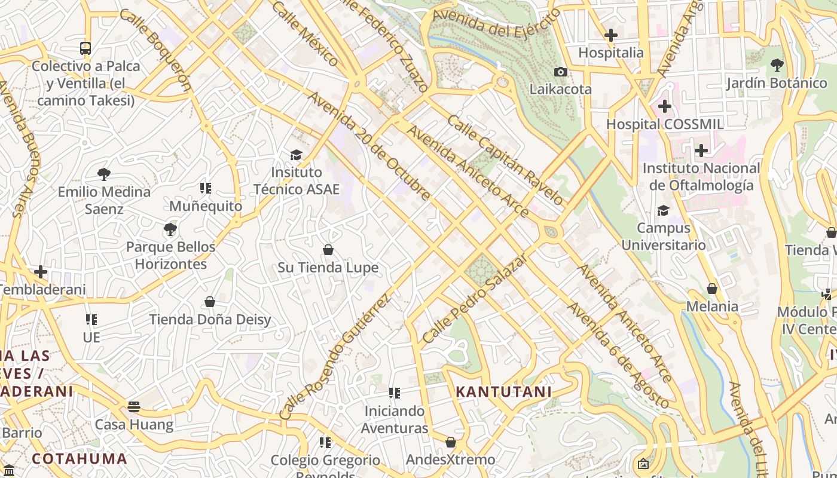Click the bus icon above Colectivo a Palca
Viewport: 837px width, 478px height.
(x=85, y=48)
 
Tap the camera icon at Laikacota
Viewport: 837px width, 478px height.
(x=560, y=72)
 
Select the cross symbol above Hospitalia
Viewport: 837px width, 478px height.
(x=610, y=35)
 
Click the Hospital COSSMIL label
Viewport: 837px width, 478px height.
(x=665, y=124)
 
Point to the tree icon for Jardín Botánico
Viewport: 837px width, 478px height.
(x=777, y=65)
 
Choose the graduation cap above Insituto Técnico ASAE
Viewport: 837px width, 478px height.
(x=296, y=155)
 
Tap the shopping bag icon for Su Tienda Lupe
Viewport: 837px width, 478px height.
(x=328, y=249)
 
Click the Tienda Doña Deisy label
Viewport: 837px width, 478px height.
(x=210, y=320)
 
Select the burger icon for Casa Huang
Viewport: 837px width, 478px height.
(x=134, y=407)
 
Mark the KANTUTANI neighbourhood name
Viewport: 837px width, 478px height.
(x=503, y=392)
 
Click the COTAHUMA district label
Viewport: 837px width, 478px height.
(x=80, y=459)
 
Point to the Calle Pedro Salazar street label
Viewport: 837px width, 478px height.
(x=475, y=298)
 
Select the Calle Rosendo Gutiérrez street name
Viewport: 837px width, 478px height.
(x=335, y=356)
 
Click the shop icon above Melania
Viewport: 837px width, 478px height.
(x=712, y=289)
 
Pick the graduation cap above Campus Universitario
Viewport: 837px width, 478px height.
(x=663, y=210)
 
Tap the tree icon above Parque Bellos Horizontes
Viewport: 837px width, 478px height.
(x=170, y=229)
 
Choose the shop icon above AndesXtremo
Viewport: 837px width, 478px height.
(x=451, y=442)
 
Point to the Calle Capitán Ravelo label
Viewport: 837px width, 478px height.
(x=505, y=159)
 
